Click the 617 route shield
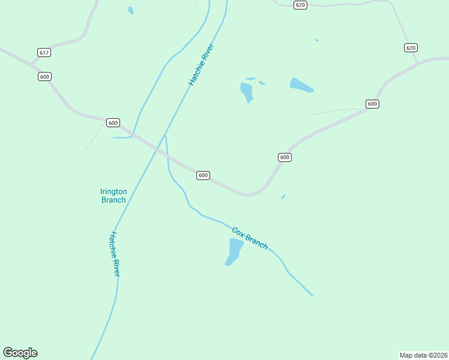[43, 53]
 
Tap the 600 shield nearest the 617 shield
[44, 76]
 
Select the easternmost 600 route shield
[372, 104]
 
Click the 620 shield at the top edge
[301, 5]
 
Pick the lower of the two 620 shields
[411, 47]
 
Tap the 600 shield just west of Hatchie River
[113, 122]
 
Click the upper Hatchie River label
[201, 64]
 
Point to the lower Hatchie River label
[115, 254]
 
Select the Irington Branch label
[113, 196]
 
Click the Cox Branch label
[250, 238]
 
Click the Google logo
[20, 353]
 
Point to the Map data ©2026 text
[423, 355]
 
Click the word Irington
[113, 191]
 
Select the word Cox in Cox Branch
[239, 232]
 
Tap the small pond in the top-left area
[131, 10]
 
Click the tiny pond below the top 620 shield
[316, 40]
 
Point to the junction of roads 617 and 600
[32, 64]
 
